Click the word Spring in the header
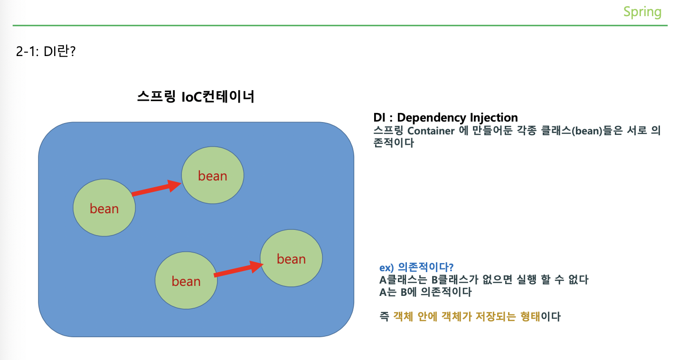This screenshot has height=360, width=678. (x=642, y=11)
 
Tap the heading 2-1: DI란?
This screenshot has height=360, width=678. (x=46, y=51)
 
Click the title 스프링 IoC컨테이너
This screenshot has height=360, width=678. (x=196, y=97)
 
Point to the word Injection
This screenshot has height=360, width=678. (x=494, y=117)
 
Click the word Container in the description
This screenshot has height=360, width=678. (x=431, y=131)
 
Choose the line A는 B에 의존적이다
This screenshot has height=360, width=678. (x=425, y=292)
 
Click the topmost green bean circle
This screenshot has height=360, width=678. (x=213, y=175)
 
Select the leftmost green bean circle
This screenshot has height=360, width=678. (x=104, y=208)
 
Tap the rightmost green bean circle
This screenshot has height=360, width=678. (x=291, y=258)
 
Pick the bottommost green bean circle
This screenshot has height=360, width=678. (x=186, y=281)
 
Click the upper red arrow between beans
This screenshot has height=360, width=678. (x=156, y=188)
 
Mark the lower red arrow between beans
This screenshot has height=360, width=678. (x=238, y=269)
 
